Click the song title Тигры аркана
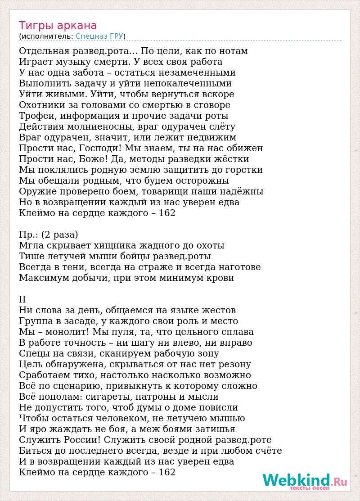coord(58,26)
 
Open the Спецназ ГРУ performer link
coord(99,36)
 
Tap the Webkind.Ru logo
coord(305,481)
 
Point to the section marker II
coord(22,299)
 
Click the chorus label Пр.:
coord(28,235)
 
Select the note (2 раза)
coord(59,235)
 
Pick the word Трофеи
coord(36,116)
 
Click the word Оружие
coord(38,191)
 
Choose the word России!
coord(82,440)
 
